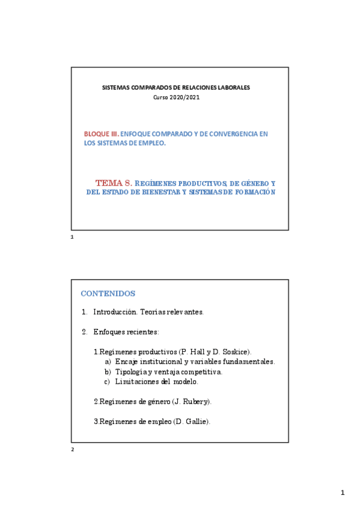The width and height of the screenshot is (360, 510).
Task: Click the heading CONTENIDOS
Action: (108, 293)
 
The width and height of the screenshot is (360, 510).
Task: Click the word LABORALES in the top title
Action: (231, 88)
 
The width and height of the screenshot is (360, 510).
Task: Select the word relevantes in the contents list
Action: (185, 312)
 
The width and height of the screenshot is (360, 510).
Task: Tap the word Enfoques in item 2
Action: (109, 332)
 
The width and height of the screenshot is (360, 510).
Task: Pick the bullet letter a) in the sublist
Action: (108, 361)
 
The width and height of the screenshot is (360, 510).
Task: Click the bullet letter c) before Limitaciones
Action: (108, 381)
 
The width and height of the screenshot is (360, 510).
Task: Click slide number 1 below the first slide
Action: (72, 238)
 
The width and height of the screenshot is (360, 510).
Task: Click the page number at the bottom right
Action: (343, 493)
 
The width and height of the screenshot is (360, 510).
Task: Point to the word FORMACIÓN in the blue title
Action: (253, 192)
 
